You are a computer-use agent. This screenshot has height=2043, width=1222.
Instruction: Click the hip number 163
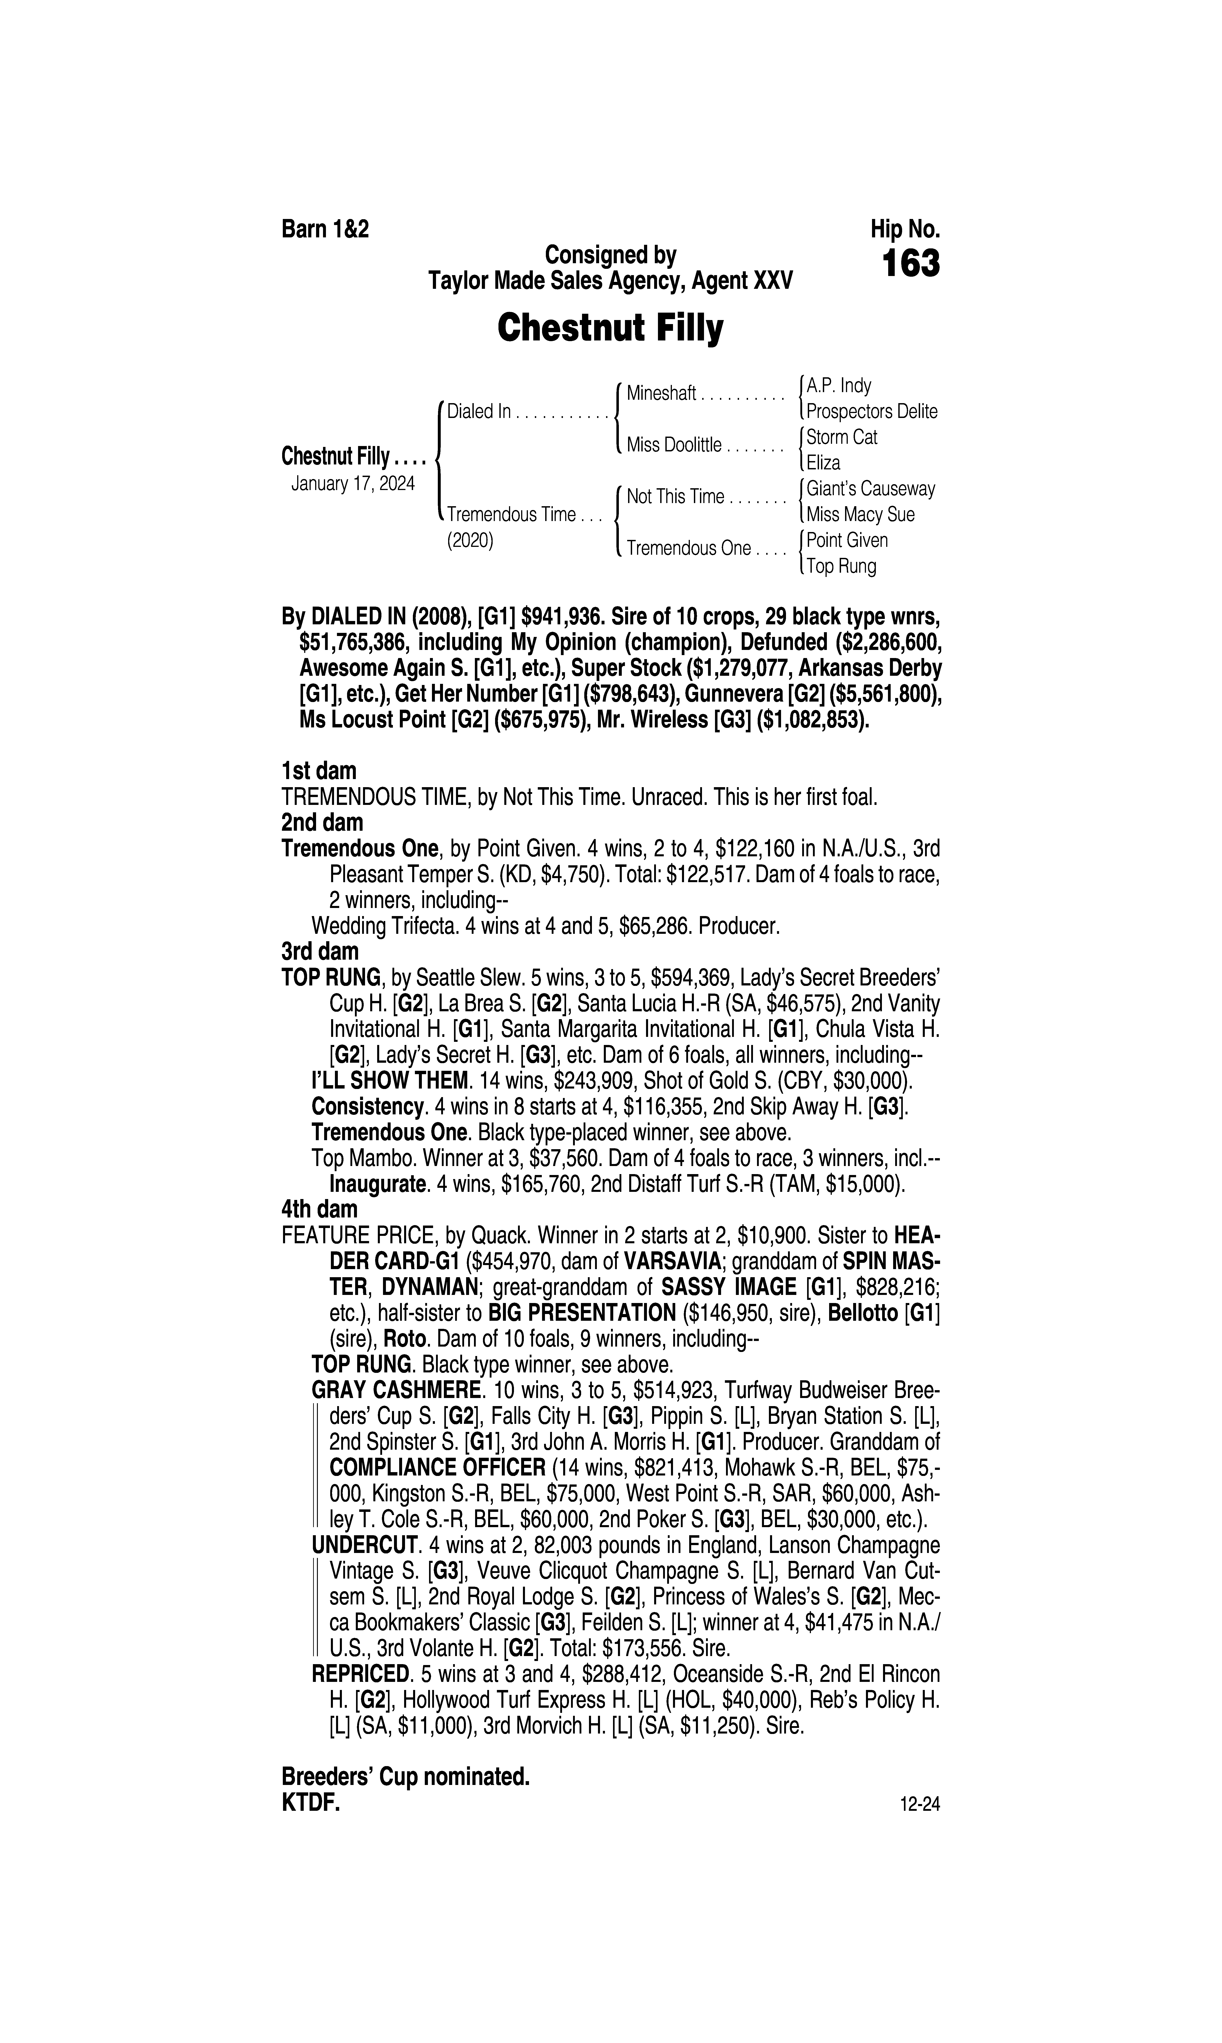click(910, 264)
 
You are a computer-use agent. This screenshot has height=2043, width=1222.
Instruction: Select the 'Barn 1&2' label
click(325, 229)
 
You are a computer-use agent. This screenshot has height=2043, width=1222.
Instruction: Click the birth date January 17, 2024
click(352, 483)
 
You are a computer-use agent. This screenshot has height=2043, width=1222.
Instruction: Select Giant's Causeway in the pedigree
click(870, 489)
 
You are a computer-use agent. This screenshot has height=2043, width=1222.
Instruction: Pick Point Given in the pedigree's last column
click(846, 540)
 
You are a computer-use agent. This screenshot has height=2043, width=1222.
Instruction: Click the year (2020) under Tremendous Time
click(469, 541)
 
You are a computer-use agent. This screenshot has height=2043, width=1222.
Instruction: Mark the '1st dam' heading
click(319, 771)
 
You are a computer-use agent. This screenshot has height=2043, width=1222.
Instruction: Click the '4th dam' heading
click(319, 1209)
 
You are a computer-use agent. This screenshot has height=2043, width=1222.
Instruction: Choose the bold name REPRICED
click(361, 1674)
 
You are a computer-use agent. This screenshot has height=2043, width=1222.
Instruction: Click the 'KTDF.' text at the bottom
click(310, 1803)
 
